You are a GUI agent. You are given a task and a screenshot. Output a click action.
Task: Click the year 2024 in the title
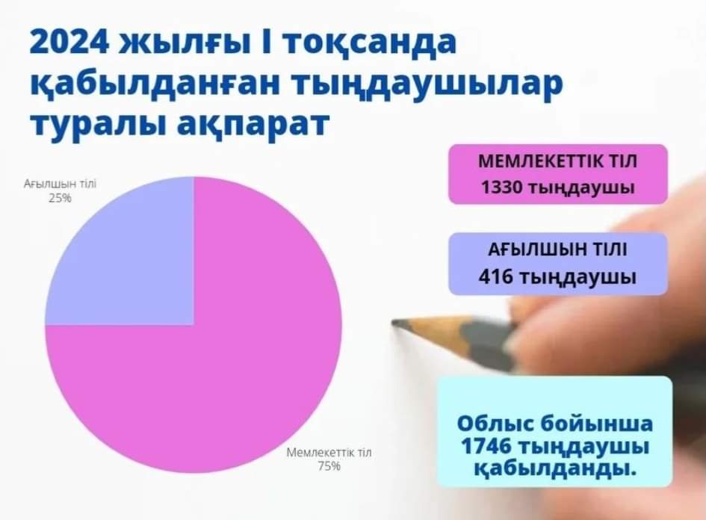coord(69,43)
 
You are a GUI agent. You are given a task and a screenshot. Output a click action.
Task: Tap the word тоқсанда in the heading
coord(370,43)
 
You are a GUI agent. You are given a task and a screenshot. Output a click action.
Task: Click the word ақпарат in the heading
coord(253,124)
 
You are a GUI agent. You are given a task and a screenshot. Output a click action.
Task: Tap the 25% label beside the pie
coord(60,198)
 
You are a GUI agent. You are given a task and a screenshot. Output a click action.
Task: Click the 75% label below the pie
coord(329,466)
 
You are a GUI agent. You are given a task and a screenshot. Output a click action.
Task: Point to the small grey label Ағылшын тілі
coord(60,184)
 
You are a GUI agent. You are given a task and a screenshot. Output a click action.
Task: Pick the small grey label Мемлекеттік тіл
coord(329,453)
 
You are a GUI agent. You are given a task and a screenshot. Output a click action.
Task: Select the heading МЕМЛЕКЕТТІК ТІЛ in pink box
coord(558,161)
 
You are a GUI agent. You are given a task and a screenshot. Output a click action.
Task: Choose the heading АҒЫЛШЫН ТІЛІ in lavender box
coord(557,249)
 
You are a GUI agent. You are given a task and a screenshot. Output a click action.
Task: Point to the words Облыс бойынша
coord(554,424)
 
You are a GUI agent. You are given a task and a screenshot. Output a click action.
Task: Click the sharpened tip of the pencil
coord(394,322)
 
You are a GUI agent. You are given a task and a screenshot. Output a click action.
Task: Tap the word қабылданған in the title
coord(154,84)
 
